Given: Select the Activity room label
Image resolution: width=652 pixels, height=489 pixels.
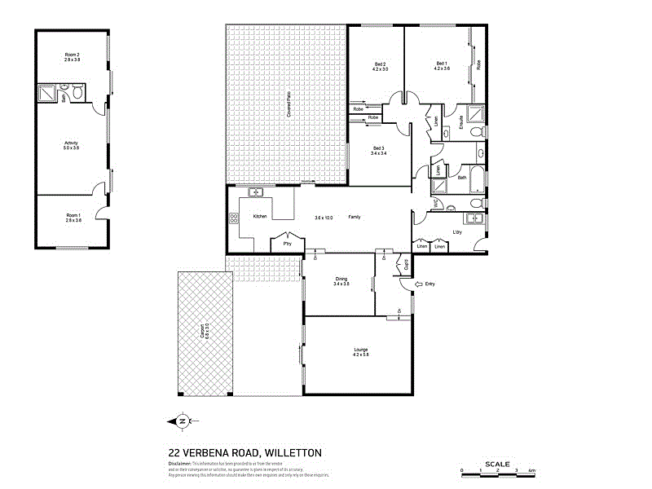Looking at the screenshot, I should [71, 143].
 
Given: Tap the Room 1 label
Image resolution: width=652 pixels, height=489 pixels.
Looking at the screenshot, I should [73, 214].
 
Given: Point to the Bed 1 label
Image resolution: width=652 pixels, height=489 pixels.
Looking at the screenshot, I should [442, 64].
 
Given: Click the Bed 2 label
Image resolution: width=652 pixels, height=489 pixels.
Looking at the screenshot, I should [380, 64].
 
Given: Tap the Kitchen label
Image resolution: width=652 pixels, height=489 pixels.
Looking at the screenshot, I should [260, 217].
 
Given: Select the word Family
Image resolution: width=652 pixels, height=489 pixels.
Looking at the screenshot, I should [355, 217].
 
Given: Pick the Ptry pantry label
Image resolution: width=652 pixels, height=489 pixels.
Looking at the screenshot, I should [286, 243].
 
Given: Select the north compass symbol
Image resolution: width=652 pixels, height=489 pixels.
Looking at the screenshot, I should [182, 421].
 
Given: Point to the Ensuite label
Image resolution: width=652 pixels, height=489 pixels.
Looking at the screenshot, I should [461, 123].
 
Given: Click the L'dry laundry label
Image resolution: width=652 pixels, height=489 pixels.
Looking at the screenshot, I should [457, 232].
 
